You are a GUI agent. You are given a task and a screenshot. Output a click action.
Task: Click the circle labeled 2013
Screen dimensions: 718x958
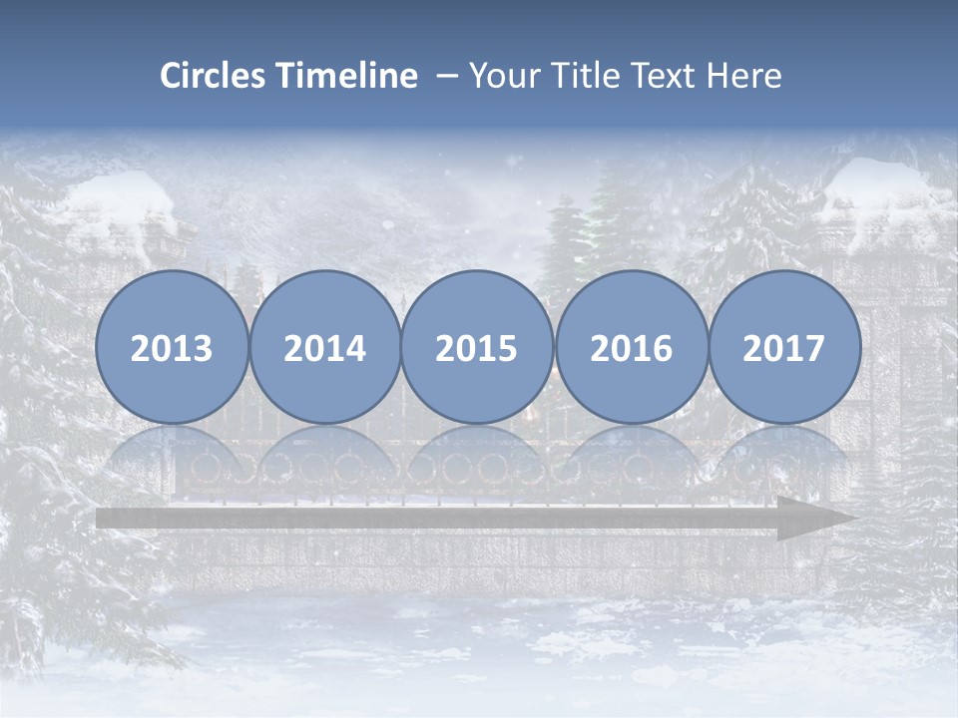click(172, 347)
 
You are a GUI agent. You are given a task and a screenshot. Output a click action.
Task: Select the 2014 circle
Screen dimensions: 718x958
click(325, 347)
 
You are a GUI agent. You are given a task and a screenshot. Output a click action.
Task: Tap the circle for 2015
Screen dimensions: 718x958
click(477, 347)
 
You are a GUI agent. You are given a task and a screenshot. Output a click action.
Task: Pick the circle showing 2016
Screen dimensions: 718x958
click(632, 347)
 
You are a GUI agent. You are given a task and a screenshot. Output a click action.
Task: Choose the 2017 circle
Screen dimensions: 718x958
click(784, 347)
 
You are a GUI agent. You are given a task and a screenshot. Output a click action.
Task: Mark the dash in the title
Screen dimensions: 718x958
click(446, 77)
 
